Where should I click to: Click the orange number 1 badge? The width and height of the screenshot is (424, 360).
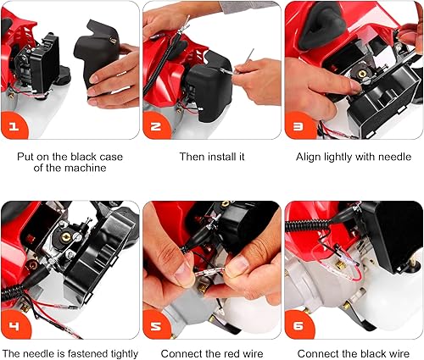(x=14, y=125)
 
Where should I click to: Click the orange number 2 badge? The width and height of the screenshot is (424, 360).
(x=155, y=125)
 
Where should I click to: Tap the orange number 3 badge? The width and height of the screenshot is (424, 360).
(x=298, y=125)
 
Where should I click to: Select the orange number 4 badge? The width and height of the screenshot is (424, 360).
(x=14, y=324)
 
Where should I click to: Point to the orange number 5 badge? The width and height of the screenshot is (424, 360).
(x=155, y=324)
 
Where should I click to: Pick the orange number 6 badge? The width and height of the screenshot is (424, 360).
(x=298, y=324)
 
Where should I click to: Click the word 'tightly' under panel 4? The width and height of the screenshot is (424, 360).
(x=125, y=354)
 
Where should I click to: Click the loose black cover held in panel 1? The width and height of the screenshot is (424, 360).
(x=95, y=53)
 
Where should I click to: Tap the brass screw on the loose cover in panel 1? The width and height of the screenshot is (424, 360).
(x=113, y=41)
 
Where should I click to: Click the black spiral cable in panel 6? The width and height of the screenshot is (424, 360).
(x=307, y=225)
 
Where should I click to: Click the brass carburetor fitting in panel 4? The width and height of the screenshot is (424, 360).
(x=66, y=237)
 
